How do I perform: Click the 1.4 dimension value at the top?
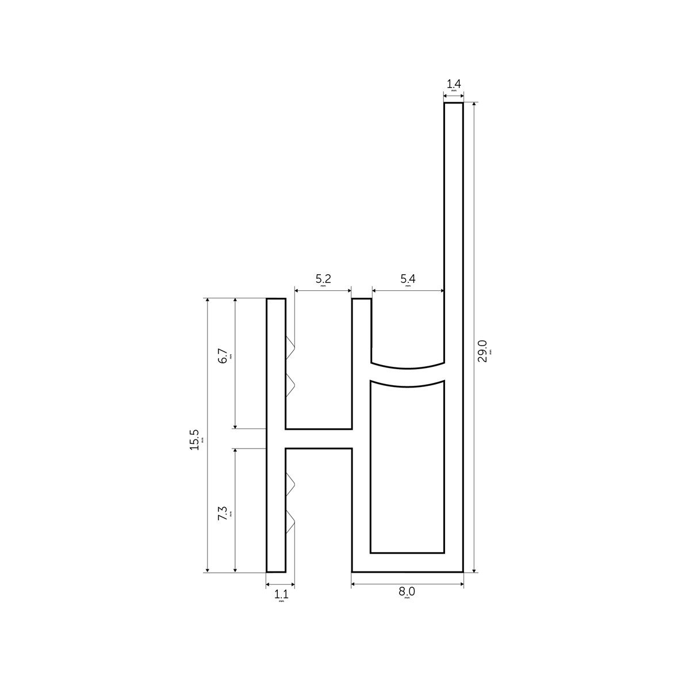tap(453, 84)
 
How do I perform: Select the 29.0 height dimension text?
tap(482, 351)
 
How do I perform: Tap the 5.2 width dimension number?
tap(323, 279)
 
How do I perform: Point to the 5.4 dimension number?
tap(408, 279)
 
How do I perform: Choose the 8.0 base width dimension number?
tap(407, 592)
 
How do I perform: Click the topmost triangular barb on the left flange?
tap(290, 345)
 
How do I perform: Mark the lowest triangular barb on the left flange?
tap(290, 523)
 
